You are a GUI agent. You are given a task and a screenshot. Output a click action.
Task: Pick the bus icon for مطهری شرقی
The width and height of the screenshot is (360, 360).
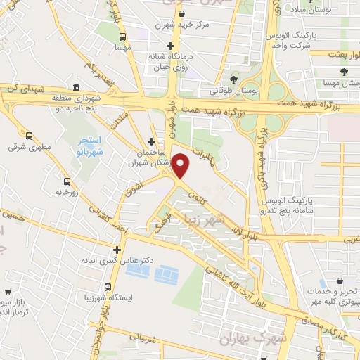(29, 136)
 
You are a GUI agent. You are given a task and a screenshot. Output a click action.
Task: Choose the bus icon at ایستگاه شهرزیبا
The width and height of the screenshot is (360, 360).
(108, 287)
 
